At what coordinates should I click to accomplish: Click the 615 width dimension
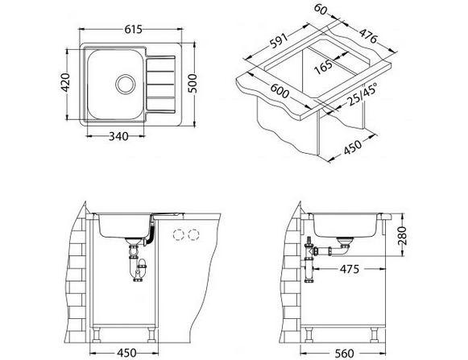click(x=133, y=29)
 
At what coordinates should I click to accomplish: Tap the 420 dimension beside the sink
click(x=64, y=82)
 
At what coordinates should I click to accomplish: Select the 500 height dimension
click(x=193, y=83)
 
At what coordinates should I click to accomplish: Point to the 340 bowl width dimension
click(x=118, y=136)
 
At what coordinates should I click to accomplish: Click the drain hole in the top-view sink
click(x=126, y=84)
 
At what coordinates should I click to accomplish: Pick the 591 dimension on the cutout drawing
click(x=279, y=40)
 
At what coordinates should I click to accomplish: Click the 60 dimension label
click(x=321, y=9)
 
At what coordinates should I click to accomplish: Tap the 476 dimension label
click(x=368, y=35)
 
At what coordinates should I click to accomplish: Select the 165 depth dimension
click(x=323, y=67)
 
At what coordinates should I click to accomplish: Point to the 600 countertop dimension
click(x=280, y=91)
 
